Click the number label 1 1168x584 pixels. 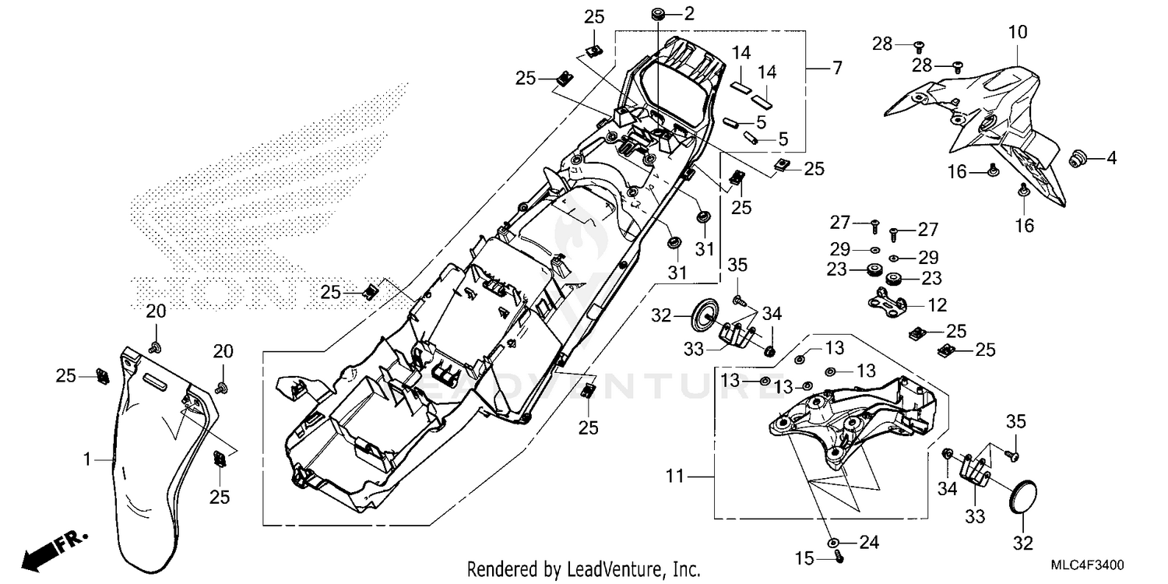pos(88,460)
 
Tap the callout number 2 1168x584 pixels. pos(688,12)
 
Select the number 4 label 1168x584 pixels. pos(1111,158)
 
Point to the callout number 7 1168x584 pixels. pos(836,69)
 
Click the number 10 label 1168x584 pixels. pos(1018,33)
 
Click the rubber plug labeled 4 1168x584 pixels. pos(1077,158)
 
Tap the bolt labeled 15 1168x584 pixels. pos(839,556)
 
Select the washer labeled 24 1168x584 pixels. pos(832,541)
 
